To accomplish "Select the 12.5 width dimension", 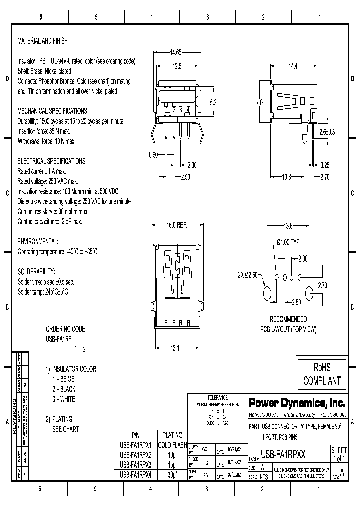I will click(174, 66).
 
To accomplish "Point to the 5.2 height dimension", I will click(213, 102).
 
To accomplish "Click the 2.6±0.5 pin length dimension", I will click(326, 132).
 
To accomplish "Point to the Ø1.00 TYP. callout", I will click(288, 242).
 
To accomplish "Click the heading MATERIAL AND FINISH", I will click(42, 41).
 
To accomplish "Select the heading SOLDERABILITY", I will click(38, 273).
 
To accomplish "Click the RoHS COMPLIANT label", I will click(322, 375).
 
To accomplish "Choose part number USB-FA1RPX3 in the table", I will click(135, 464).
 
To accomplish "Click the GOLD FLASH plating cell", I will click(172, 445).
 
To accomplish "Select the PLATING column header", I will click(172, 435).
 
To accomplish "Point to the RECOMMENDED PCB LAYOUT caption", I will click(288, 324).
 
